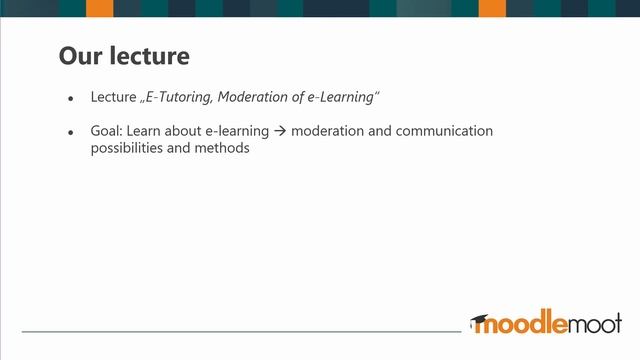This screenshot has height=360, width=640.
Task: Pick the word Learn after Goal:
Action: [155, 132]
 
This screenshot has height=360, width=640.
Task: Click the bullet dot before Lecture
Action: [70, 99]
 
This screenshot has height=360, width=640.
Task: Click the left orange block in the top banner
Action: [99, 8]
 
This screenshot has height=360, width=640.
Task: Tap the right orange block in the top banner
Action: [492, 8]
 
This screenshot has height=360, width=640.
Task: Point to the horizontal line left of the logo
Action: [240, 331]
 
